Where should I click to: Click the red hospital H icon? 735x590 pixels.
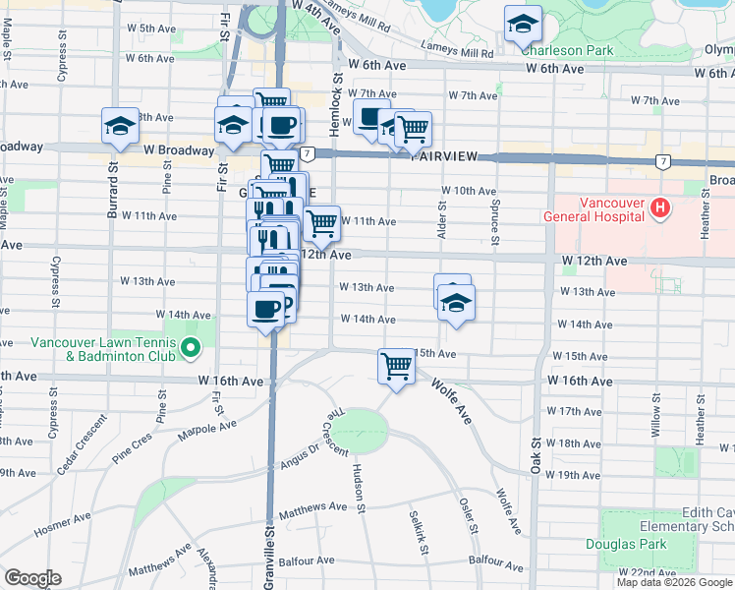[x=659, y=208]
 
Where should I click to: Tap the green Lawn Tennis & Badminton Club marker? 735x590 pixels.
[x=190, y=348]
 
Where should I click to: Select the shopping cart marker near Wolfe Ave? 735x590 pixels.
[x=396, y=366]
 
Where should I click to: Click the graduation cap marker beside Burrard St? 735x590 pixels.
[x=120, y=125]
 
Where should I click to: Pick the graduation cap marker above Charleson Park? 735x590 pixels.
[x=523, y=23]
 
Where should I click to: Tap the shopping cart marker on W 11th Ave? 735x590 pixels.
[x=321, y=223]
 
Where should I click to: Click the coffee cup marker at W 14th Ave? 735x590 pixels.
[x=266, y=310]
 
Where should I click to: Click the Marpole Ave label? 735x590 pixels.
[x=207, y=432]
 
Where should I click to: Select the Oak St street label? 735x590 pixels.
[x=537, y=456]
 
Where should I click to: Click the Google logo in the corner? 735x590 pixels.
[x=32, y=578]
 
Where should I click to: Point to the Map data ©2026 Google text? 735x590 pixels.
[x=674, y=582]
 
